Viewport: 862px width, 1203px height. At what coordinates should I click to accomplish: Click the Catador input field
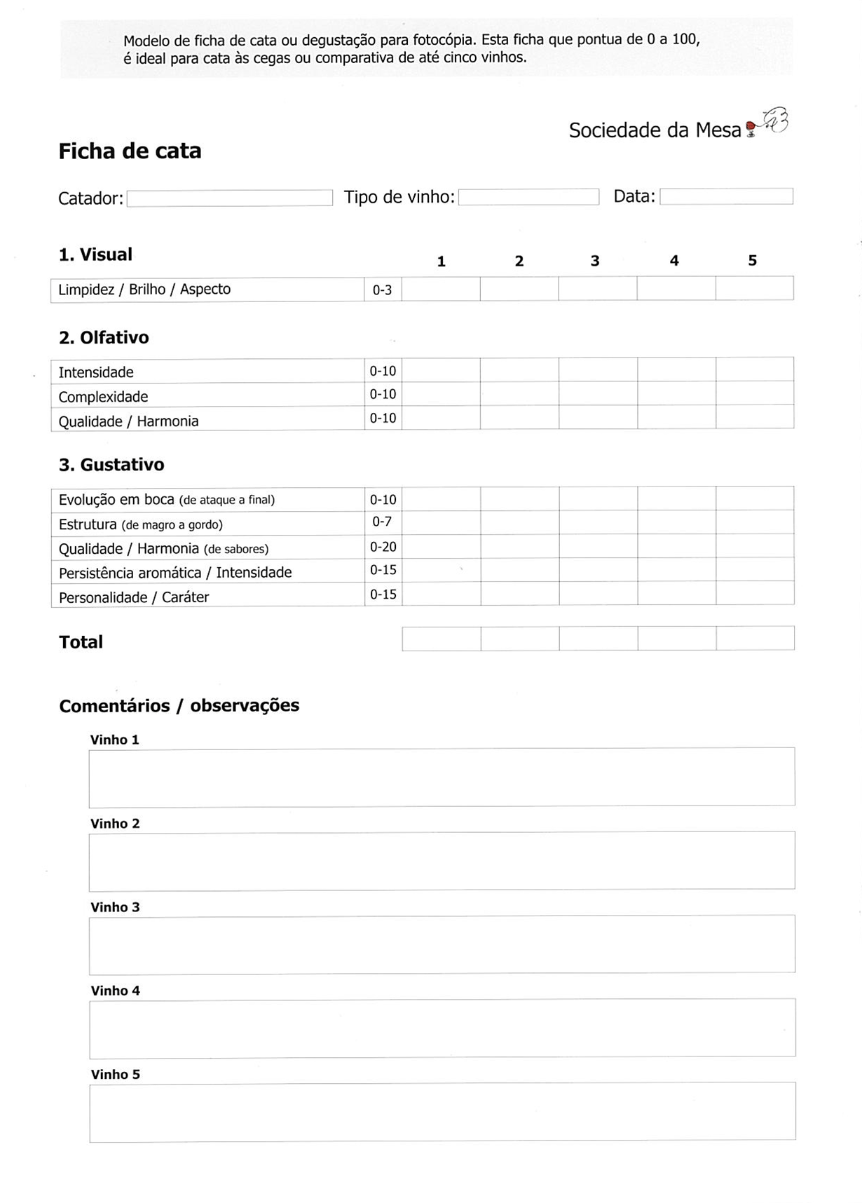(229, 198)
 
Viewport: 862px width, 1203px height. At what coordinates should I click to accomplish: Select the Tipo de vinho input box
(528, 197)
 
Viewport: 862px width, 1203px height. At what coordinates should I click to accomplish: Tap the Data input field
(726, 196)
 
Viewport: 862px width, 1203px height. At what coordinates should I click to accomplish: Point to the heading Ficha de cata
(130, 151)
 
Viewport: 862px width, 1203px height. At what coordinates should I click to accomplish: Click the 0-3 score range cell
(382, 290)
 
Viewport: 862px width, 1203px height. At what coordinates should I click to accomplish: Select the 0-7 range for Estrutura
(382, 522)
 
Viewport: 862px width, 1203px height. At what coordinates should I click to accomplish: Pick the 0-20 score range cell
(383, 547)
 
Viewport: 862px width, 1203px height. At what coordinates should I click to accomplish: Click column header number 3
(595, 261)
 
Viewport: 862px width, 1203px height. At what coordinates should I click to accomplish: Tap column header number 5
(752, 261)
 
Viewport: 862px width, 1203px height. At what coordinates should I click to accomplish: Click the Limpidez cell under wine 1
(441, 289)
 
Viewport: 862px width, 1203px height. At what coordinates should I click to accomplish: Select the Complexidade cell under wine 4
(676, 393)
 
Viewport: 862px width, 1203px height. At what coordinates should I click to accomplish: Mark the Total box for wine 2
(520, 639)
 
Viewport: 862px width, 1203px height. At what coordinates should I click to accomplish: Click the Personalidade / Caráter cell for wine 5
(755, 593)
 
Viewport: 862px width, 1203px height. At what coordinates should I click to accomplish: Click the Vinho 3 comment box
(442, 944)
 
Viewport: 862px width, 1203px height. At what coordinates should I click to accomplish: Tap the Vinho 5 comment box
(442, 1112)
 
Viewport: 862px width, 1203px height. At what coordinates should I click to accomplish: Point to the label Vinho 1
(115, 740)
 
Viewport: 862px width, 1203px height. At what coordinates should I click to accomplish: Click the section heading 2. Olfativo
(104, 338)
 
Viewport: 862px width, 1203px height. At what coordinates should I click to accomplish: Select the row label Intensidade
(96, 372)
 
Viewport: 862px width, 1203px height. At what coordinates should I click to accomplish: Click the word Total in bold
(81, 642)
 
